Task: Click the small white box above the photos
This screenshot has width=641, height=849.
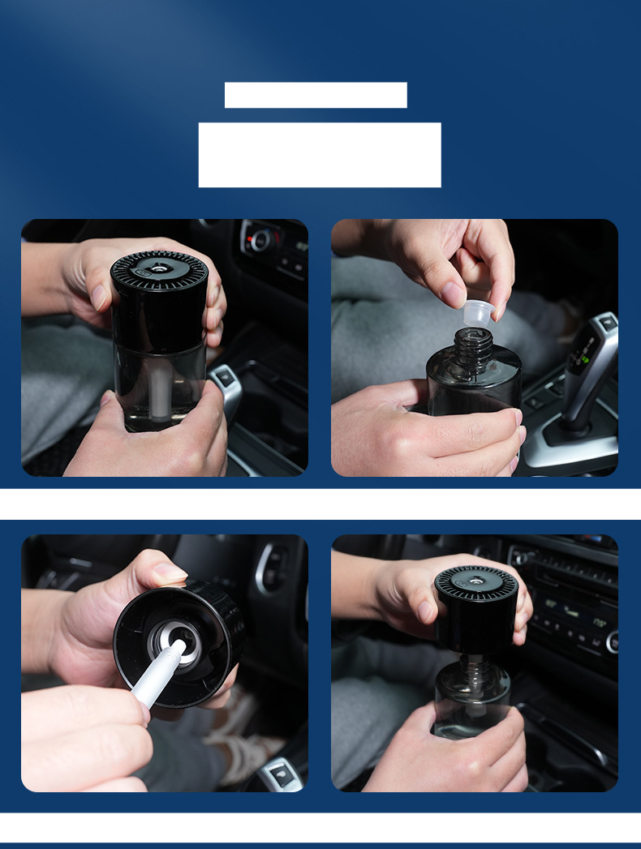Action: [x=316, y=95]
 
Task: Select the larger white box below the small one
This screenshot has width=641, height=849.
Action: [x=320, y=155]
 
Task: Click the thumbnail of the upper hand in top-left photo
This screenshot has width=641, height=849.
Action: [x=99, y=298]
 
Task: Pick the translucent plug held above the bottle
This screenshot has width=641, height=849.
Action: [x=477, y=312]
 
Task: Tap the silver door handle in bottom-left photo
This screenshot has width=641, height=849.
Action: [x=271, y=568]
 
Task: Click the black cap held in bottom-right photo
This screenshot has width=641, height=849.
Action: [x=476, y=608]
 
